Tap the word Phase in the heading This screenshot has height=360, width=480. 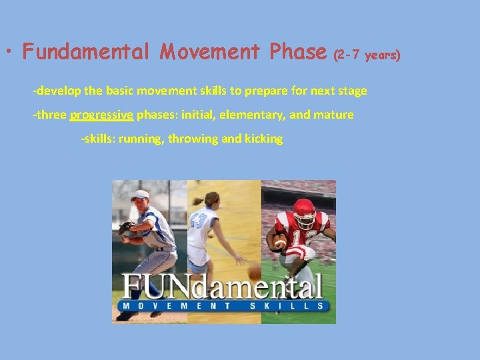point(299,51)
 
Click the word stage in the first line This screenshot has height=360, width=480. point(353,90)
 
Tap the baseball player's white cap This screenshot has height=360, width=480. point(139,195)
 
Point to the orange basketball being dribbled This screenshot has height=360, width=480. point(253,272)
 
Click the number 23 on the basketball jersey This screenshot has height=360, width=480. point(197,221)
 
